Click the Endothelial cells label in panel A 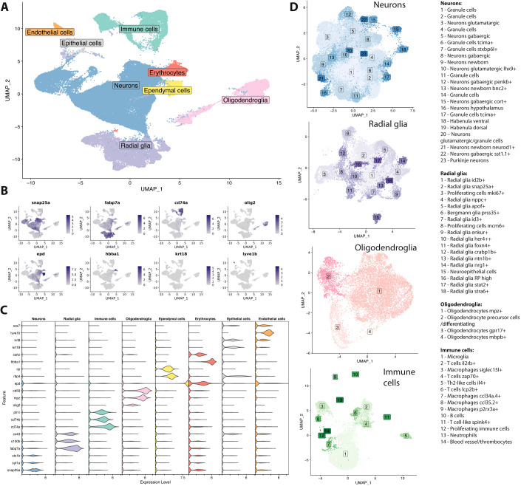[50, 32]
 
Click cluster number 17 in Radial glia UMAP [378, 160]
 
